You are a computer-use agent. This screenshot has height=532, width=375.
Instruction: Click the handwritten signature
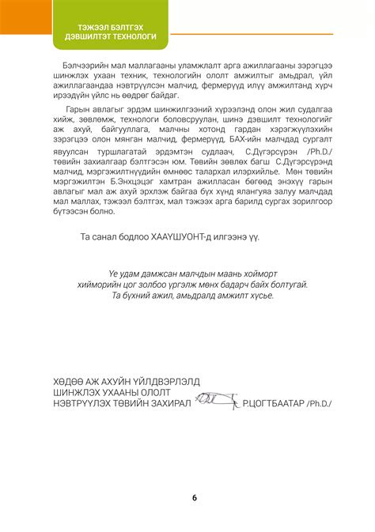(x=218, y=401)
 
